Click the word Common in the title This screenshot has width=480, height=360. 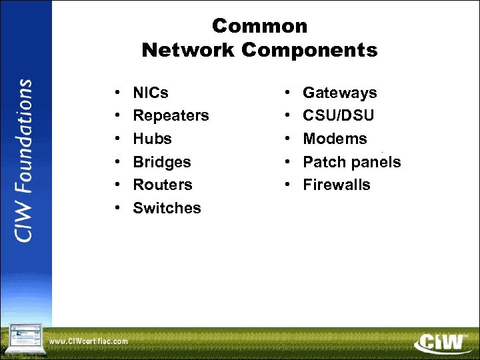(x=260, y=26)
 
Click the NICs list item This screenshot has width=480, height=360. (x=151, y=93)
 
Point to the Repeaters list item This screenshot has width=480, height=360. (x=171, y=115)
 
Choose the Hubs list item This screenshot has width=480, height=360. (x=152, y=139)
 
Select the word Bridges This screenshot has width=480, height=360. (x=162, y=162)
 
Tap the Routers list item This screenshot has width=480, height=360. (x=163, y=185)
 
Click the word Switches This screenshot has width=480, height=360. (x=167, y=208)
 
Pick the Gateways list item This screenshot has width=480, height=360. (x=339, y=93)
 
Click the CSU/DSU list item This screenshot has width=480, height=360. (x=338, y=115)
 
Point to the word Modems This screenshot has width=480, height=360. (x=335, y=139)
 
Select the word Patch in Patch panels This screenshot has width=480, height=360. (x=321, y=162)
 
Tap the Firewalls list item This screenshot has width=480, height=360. (x=336, y=185)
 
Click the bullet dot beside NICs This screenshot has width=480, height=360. (x=117, y=93)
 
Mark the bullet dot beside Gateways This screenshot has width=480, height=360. (x=287, y=93)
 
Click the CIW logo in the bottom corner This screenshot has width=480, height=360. (x=439, y=343)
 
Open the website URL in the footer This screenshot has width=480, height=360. (x=89, y=342)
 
